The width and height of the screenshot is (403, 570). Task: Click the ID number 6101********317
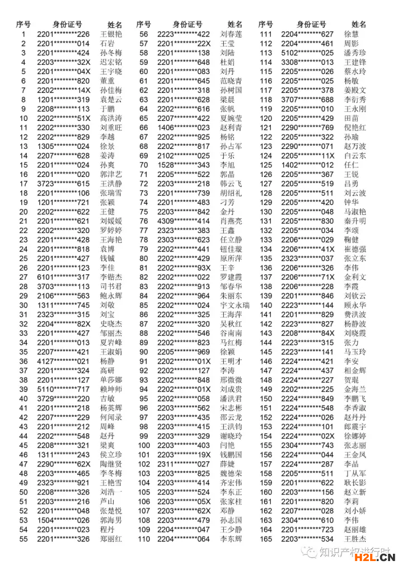(63, 277)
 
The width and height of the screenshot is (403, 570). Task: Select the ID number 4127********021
(63, 361)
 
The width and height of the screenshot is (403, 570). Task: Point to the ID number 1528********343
(184, 165)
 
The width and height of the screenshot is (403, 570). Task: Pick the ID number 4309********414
(184, 221)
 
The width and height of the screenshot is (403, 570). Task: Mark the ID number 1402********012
(307, 165)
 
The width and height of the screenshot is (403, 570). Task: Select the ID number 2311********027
(184, 464)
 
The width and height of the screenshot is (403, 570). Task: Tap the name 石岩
(107, 44)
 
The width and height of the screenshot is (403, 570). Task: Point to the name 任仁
(351, 165)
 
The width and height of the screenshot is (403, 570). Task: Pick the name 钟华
(351, 202)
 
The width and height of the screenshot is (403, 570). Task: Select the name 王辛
(227, 268)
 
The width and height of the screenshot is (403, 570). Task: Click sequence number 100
(144, 445)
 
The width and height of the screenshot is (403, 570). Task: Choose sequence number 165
(266, 539)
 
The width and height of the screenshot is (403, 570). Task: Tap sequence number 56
(144, 34)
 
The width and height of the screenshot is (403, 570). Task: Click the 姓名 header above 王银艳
(115, 25)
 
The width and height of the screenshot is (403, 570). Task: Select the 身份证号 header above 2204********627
(311, 25)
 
